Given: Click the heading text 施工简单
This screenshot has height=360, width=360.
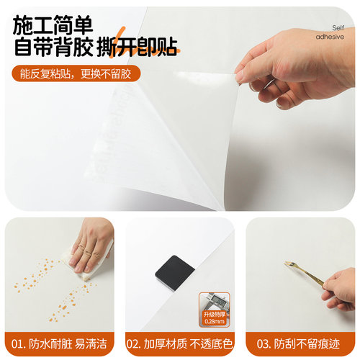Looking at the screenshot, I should tap(52, 24).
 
